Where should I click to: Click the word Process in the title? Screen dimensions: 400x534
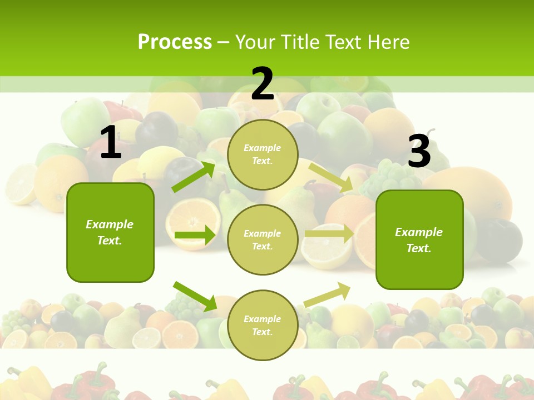click(175, 42)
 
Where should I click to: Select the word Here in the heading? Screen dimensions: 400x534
click(387, 42)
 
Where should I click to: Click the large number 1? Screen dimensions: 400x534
click(111, 142)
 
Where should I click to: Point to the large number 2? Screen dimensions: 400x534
click(263, 84)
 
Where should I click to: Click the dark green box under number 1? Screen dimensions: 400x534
click(110, 232)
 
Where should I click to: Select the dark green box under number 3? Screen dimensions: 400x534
click(419, 240)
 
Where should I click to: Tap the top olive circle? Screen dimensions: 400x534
click(263, 154)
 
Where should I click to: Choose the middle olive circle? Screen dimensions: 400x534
click(263, 239)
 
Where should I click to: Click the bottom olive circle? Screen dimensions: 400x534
click(263, 325)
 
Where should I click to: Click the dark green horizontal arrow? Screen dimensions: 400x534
click(195, 236)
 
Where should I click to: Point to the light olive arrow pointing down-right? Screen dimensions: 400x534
click(331, 177)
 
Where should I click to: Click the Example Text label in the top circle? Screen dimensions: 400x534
click(263, 154)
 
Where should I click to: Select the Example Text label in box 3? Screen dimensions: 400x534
click(419, 240)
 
